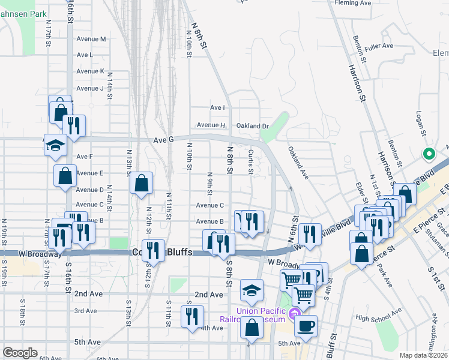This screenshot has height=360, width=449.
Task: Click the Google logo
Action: [20, 353]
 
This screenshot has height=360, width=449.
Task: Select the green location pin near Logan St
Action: [429, 155]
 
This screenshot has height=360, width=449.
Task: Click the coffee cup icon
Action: [306, 326]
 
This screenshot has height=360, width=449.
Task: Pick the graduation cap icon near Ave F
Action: [55, 146]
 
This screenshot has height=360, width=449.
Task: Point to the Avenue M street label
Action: [91, 39]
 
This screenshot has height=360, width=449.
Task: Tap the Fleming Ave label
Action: [354, 3]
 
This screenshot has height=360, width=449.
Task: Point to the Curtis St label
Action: [250, 161]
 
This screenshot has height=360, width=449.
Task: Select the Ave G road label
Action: [163, 140]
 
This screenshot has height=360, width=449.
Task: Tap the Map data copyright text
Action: [424, 355]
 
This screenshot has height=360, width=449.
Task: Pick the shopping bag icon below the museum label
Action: [253, 328]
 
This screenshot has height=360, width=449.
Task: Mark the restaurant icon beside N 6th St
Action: [309, 233]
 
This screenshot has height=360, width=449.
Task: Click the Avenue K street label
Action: [91, 71]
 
